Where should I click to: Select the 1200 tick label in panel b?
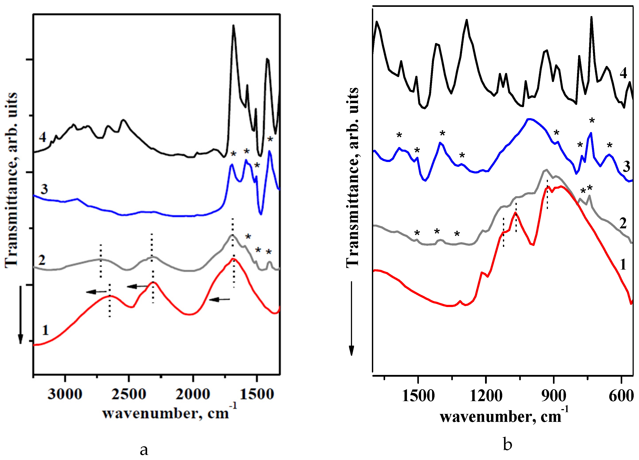[x=486, y=396]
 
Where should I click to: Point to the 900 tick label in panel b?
[x=554, y=396]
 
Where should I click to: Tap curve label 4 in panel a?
[x=43, y=137]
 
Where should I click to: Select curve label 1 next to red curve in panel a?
[x=45, y=330]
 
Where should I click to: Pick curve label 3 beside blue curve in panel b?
[x=626, y=166]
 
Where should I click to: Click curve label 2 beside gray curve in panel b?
[x=623, y=223]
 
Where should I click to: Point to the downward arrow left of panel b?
[x=351, y=318]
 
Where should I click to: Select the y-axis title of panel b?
[x=352, y=177]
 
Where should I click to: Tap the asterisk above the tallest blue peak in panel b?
[x=592, y=121]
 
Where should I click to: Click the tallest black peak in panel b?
[x=591, y=17]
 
